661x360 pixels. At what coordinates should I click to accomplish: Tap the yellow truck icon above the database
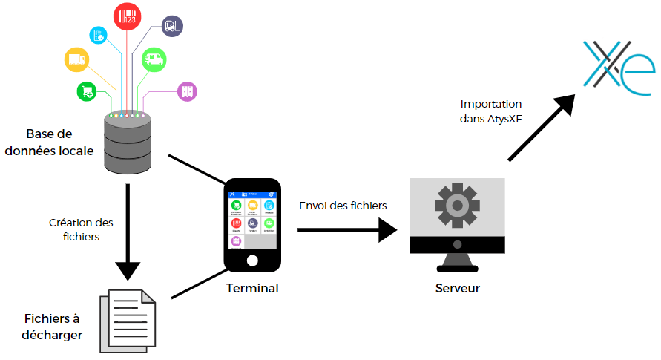point(78,60)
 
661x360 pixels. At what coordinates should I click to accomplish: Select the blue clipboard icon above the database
point(99,35)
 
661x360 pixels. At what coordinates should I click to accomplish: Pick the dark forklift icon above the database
point(172,27)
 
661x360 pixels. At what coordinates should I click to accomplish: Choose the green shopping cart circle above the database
point(87,92)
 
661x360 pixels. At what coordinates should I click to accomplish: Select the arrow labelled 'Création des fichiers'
point(128,230)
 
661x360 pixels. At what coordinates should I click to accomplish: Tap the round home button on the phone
point(252,261)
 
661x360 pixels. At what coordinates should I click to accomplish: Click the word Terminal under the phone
point(252,288)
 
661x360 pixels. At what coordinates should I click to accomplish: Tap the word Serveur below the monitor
point(457,288)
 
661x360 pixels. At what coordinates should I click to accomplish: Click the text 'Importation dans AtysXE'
point(491,111)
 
